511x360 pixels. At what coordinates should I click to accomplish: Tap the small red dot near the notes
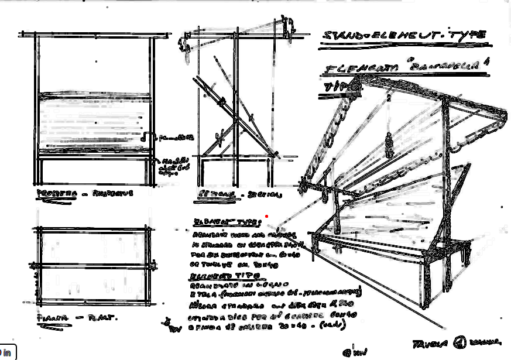[x=267, y=216]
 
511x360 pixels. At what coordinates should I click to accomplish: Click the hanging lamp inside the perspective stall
[x=388, y=143]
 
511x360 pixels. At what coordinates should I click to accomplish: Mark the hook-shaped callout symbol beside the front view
[x=146, y=137]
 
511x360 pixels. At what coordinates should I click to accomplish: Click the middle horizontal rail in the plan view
[x=94, y=266]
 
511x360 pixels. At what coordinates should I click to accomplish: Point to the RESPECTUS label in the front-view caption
[x=115, y=193]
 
